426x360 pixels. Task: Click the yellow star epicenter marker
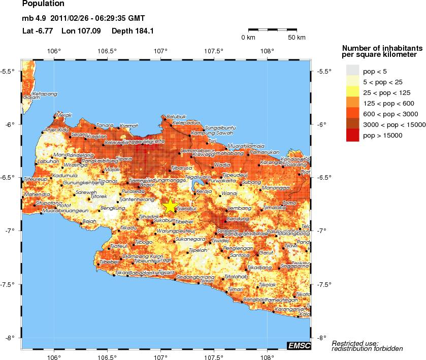pyautogui.click(x=170, y=206)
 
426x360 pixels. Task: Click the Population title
pyautogui.click(x=43, y=4)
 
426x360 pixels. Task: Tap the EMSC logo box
pyautogui.click(x=299, y=345)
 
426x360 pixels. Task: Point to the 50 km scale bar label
pyautogui.click(x=296, y=38)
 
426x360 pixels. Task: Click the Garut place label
pyautogui.click(x=266, y=252)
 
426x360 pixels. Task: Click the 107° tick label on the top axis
pyautogui.click(x=160, y=51)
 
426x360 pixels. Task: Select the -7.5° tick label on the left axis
pyautogui.click(x=11, y=284)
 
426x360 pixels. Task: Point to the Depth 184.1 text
pyautogui.click(x=133, y=30)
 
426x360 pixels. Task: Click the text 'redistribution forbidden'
pyautogui.click(x=367, y=349)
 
